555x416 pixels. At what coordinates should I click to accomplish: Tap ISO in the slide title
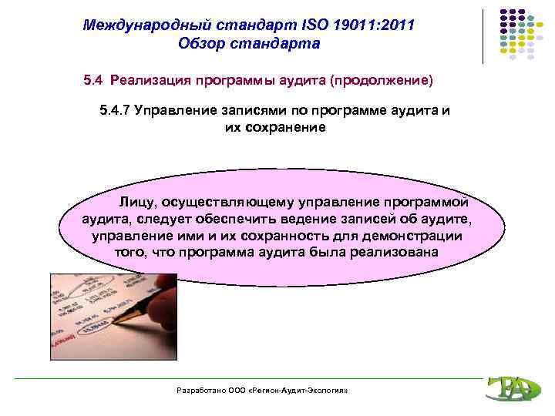(305, 25)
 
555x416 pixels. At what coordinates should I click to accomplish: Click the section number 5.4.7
(115, 109)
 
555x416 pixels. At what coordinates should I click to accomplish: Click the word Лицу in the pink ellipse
(135, 203)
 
